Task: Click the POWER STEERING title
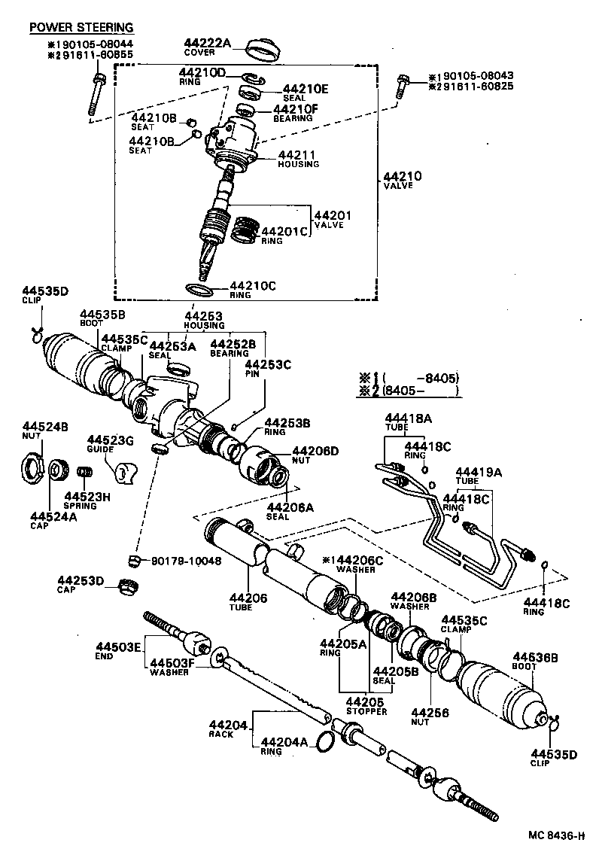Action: click(x=81, y=28)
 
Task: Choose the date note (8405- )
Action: click(x=421, y=391)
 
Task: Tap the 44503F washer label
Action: click(x=172, y=663)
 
